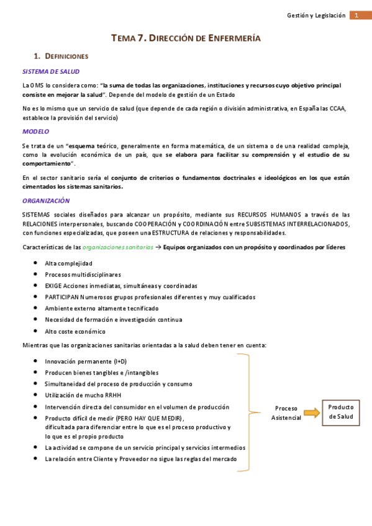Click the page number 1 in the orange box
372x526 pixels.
[x=356, y=16]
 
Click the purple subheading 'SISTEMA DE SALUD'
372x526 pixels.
[x=51, y=71]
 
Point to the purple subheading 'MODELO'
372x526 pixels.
[x=35, y=131]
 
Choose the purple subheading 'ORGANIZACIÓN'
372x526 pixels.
[x=46, y=201]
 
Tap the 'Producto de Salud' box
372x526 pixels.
[x=340, y=412]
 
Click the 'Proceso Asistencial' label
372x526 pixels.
[x=286, y=413]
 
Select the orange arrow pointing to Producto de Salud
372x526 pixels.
[x=312, y=412]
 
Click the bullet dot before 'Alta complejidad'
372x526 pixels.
[x=36, y=263]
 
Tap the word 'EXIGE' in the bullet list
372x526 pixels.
[x=53, y=286]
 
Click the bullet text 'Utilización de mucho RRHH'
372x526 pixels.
[x=83, y=394]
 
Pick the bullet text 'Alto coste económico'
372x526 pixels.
[x=75, y=331]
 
